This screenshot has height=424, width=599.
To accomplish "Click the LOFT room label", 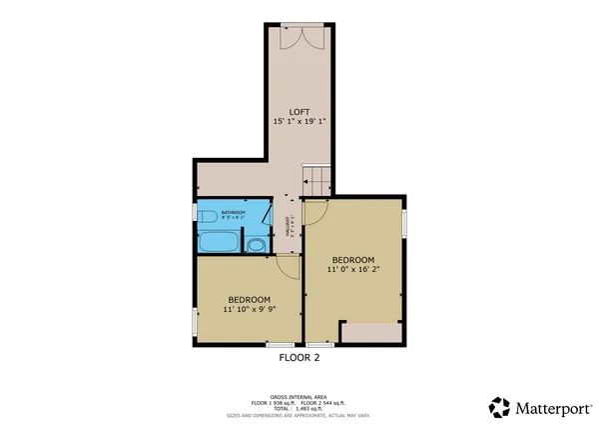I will [299, 111].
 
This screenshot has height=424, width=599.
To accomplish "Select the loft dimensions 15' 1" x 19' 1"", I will [299, 121].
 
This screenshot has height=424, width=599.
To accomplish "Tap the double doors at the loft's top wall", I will [301, 37].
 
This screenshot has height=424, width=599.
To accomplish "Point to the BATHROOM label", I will [233, 213].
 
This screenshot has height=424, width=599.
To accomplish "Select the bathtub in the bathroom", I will [217, 243].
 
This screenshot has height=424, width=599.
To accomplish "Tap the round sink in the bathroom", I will [257, 245].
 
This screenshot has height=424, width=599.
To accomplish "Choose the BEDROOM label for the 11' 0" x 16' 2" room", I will [352, 258].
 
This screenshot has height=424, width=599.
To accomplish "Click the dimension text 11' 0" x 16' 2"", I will [352, 269].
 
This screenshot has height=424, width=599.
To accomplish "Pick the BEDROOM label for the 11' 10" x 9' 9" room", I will [249, 299].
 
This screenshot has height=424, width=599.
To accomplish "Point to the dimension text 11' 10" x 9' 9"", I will [249, 310].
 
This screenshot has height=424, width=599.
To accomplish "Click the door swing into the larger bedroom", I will [316, 211].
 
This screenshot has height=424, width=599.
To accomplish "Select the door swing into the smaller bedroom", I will [288, 266].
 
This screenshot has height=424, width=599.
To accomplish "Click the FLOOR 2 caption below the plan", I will [299, 357].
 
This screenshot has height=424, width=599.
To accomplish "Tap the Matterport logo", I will [539, 407].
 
